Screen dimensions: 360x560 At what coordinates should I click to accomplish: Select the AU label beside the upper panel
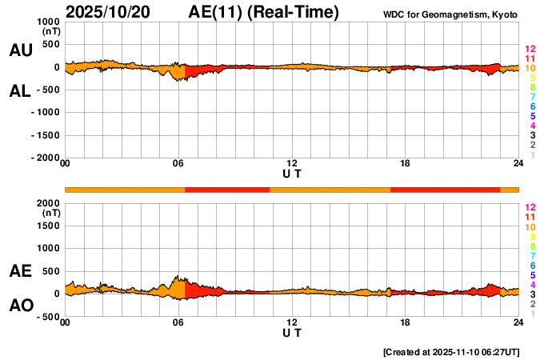20,50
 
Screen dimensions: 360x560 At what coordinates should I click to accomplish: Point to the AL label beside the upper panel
20,91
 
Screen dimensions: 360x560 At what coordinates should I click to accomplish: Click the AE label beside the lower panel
20,272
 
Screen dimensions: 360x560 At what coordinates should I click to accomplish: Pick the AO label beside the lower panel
20,306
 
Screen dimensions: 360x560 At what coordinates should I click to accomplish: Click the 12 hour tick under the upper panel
292,164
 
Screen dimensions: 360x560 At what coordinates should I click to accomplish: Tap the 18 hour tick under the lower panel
406,322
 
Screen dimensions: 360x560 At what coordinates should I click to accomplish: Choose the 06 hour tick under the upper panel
178,164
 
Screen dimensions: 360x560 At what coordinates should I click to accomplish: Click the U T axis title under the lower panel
292,331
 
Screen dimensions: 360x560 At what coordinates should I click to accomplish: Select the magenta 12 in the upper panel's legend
529,49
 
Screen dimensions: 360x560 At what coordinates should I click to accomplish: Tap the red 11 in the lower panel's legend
529,217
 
